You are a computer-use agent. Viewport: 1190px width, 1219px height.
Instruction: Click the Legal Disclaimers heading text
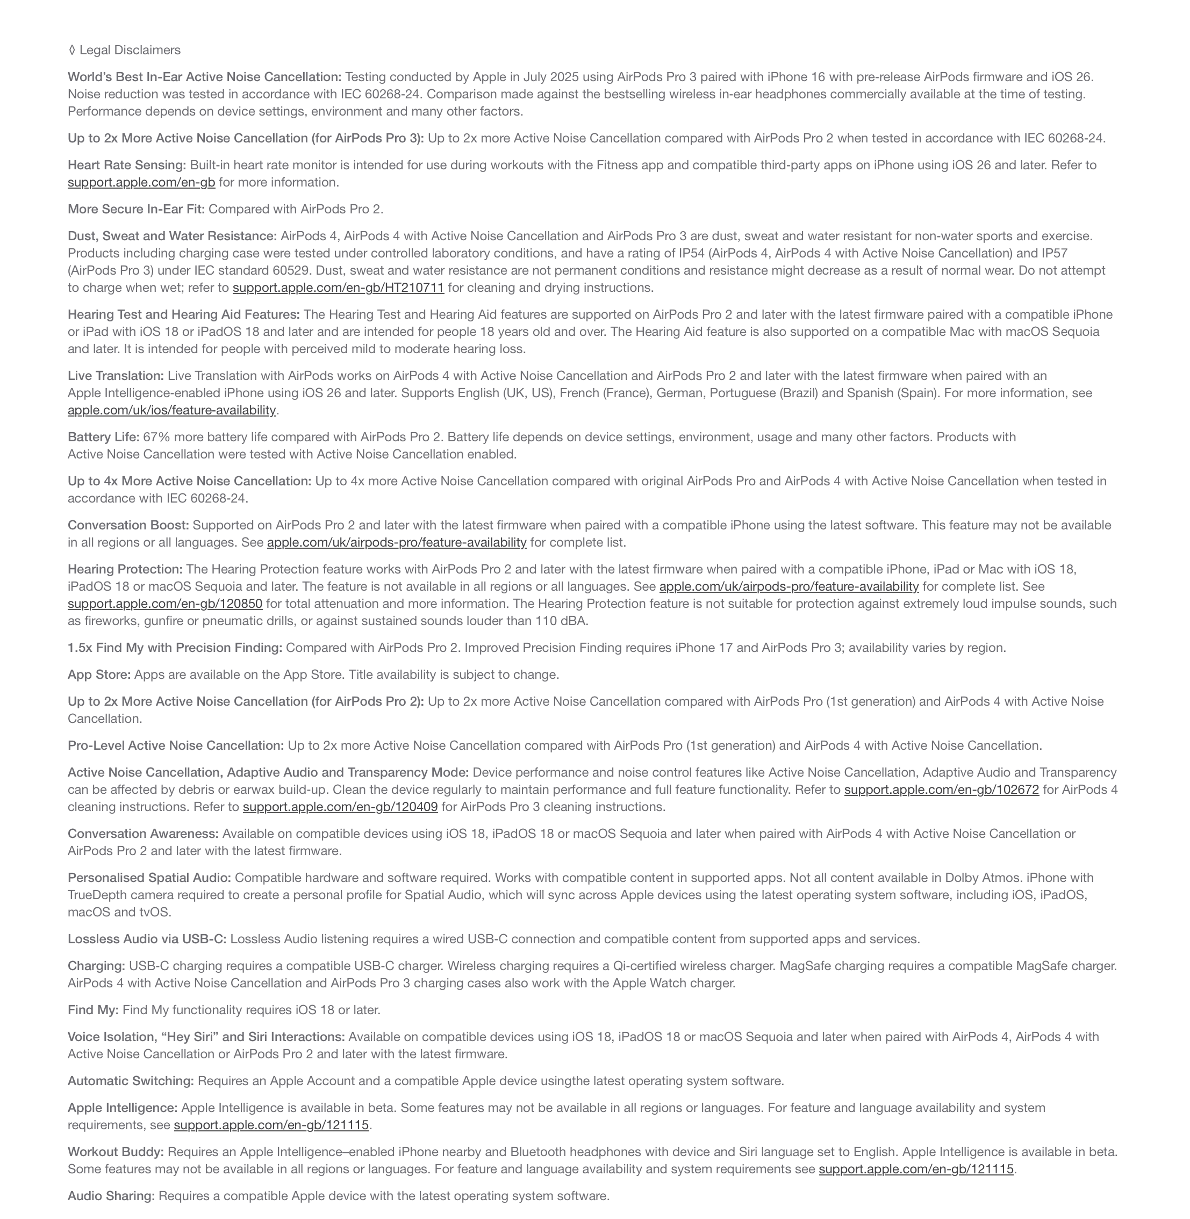tap(130, 50)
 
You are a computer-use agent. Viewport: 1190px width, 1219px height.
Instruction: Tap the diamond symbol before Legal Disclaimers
tap(72, 50)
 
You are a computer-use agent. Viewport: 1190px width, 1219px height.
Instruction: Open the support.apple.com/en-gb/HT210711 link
tap(338, 288)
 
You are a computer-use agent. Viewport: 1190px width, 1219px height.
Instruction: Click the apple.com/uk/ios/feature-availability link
tap(172, 410)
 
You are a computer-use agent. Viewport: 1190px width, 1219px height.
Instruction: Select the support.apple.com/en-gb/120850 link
tap(165, 604)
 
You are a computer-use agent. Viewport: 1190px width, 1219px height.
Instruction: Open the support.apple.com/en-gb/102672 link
tap(941, 790)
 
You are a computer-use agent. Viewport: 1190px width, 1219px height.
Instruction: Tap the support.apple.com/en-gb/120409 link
tap(340, 807)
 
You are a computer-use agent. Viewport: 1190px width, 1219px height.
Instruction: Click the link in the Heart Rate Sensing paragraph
tap(141, 183)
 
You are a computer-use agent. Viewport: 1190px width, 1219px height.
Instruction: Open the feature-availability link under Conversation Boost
tap(396, 543)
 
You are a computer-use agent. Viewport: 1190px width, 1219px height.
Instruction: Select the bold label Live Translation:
tap(116, 376)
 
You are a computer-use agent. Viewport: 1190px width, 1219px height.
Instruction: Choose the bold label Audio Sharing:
tap(111, 1196)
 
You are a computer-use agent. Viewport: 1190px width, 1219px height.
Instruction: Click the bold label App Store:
tap(99, 675)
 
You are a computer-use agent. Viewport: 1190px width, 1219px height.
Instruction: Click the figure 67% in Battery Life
tap(156, 437)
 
